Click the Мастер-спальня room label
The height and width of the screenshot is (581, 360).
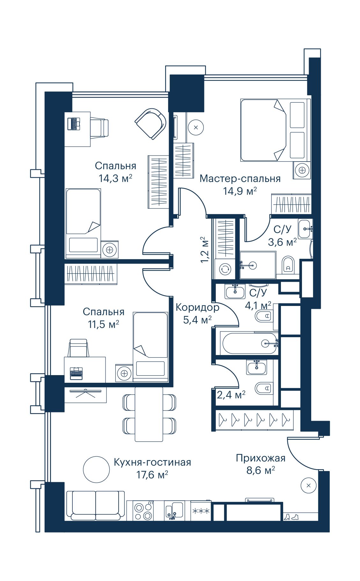click(x=240, y=178)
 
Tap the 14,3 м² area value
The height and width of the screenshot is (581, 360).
click(x=115, y=178)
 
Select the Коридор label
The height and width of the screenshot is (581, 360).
click(x=197, y=307)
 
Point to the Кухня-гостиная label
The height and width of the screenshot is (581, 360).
click(x=152, y=462)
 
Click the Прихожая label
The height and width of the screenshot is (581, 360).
click(x=261, y=458)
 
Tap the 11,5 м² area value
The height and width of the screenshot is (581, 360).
click(x=103, y=324)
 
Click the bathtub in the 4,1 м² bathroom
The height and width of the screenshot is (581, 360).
click(x=249, y=343)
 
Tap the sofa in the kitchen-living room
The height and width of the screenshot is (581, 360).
click(x=95, y=505)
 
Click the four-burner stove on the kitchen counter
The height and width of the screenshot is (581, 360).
click(x=143, y=511)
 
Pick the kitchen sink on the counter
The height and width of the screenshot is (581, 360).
click(x=174, y=511)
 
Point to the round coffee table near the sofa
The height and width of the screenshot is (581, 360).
click(x=96, y=469)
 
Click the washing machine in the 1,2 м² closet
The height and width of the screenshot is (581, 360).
click(x=226, y=268)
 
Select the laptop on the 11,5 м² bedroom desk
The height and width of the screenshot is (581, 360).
click(x=76, y=373)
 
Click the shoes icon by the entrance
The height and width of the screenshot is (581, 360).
click(x=291, y=517)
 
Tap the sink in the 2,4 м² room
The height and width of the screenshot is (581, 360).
click(x=257, y=367)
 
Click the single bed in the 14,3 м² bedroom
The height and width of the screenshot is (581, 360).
click(x=83, y=223)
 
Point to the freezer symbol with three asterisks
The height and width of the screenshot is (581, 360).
click(x=201, y=511)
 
